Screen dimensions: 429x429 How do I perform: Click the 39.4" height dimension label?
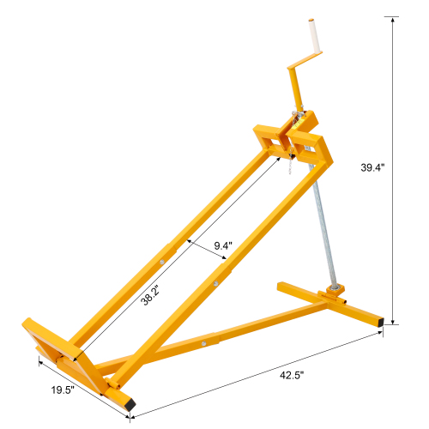[x=373, y=169]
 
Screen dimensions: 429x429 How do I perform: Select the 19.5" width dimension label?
[x=61, y=390]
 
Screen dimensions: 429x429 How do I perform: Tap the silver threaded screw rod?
[x=325, y=232]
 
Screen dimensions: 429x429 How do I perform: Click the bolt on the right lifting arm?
[x=214, y=278]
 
